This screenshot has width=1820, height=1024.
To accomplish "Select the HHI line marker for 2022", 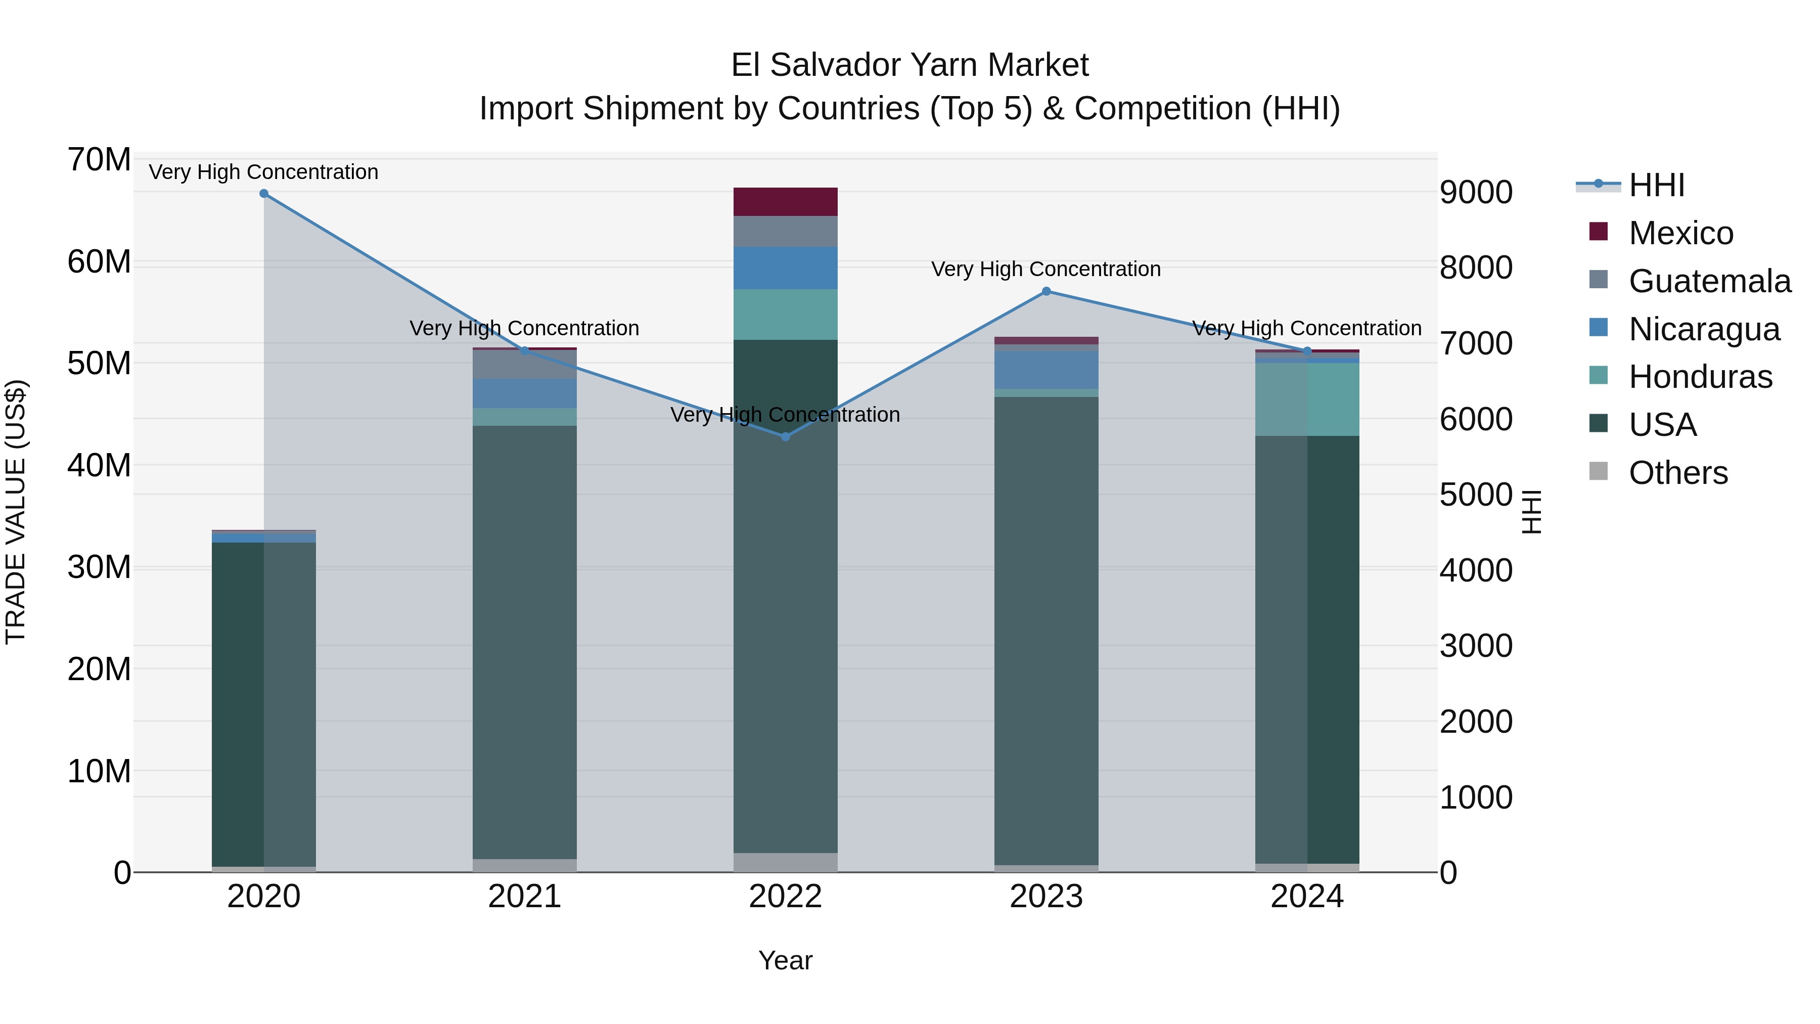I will click(785, 437).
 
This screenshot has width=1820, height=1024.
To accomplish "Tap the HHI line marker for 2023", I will click(1046, 291).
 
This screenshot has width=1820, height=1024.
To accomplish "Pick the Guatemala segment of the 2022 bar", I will click(785, 232).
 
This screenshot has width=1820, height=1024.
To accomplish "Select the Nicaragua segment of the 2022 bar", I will click(785, 268).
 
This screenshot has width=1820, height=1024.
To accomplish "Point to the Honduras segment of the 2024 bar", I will click(1307, 399).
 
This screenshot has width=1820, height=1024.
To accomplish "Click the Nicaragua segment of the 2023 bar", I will click(1046, 370).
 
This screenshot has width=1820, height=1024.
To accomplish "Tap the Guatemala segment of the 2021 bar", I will click(524, 365).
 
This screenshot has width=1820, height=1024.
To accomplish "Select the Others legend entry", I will click(1677, 473).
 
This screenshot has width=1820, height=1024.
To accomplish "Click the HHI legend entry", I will click(1656, 185).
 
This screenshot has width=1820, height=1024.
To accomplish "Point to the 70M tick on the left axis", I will click(99, 160).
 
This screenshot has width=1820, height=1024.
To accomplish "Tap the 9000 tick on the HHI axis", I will click(1476, 192).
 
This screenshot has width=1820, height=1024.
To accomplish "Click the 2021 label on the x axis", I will click(524, 897).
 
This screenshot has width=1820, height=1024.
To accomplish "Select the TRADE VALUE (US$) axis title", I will click(16, 512).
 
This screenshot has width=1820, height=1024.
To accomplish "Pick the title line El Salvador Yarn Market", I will click(909, 65).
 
